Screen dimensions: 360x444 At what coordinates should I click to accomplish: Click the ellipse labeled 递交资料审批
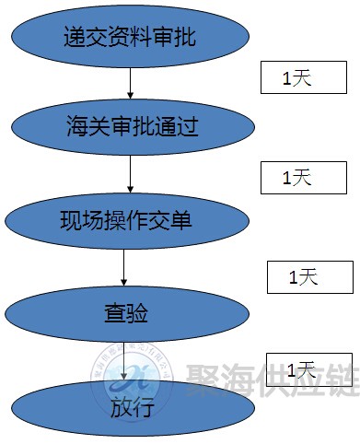(x=131, y=38)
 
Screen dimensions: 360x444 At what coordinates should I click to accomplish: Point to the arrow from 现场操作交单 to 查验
(x=123, y=267)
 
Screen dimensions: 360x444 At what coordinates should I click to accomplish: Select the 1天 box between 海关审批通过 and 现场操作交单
(x=299, y=177)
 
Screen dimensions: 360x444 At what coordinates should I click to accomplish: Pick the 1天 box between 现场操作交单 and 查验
(x=309, y=276)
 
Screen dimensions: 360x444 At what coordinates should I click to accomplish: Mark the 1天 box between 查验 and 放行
(x=309, y=370)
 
